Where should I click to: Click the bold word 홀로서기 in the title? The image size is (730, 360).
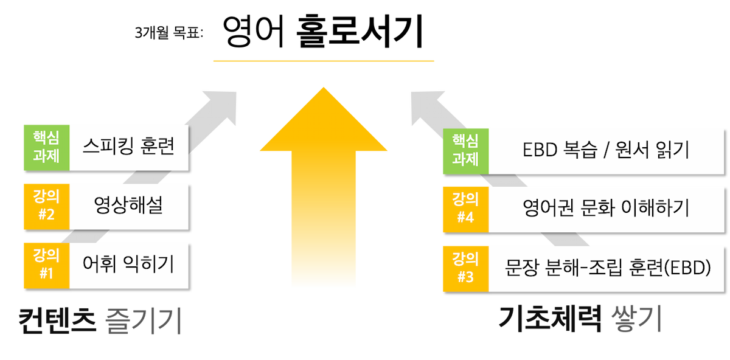[360, 31]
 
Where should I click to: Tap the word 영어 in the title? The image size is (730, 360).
[253, 31]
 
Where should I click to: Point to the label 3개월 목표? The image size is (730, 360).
[169, 33]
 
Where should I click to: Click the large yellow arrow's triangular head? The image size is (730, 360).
[323, 119]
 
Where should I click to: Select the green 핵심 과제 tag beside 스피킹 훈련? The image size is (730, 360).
[47, 148]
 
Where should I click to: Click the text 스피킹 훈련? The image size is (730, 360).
[129, 147]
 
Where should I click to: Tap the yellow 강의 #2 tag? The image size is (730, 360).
[47, 207]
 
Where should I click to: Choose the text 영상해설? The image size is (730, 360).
[128, 206]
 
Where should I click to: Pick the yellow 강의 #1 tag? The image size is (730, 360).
[47, 266]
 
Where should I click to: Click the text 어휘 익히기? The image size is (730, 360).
[128, 264]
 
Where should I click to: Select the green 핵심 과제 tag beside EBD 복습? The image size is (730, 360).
[466, 151]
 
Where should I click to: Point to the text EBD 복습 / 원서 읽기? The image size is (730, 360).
[606, 150]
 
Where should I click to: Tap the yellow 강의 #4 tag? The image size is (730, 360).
[466, 209]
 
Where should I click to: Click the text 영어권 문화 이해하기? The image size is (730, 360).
[606, 208]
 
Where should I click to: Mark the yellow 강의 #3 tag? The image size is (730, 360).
[466, 269]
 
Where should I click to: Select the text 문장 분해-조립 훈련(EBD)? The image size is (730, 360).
[608, 268]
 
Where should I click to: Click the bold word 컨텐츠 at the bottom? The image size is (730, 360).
[57, 320]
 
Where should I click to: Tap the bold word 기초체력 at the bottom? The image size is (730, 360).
[550, 319]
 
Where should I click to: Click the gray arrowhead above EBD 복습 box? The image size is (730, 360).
[427, 106]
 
